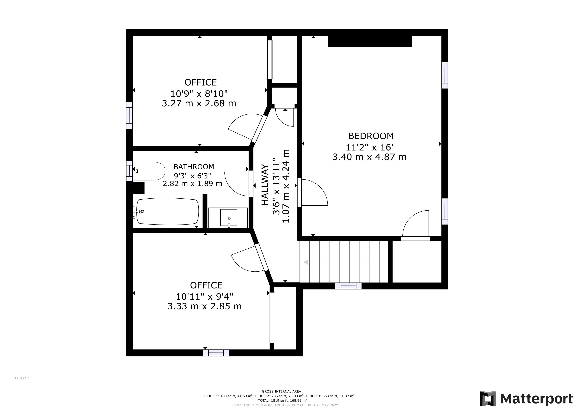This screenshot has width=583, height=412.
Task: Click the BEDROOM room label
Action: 371,136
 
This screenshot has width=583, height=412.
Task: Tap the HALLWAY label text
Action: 265,185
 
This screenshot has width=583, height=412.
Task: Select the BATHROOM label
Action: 194,167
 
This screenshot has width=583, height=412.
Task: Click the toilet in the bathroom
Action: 149,171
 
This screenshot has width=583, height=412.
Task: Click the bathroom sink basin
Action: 229,218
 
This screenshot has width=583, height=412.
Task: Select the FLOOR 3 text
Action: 22,378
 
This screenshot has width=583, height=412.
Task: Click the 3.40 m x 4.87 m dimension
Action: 369,157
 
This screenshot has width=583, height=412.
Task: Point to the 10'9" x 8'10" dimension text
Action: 199,94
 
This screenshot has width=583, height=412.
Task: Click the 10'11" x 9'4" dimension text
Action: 205,297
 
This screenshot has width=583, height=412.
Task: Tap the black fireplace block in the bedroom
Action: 370,41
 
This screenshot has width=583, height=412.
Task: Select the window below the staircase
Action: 348,286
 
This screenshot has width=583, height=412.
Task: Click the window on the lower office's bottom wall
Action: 216,353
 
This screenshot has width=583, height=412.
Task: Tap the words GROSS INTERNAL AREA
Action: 282,391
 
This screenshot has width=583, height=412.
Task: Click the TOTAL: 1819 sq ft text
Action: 273,401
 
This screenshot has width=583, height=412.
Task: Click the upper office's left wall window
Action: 129,115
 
